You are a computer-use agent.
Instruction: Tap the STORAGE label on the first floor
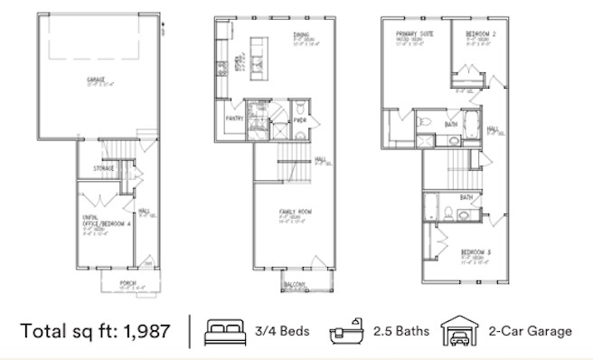click(104, 169)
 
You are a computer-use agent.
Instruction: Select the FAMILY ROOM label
click(296, 212)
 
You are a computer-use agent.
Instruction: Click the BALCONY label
click(292, 285)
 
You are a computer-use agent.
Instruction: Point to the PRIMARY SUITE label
click(409, 33)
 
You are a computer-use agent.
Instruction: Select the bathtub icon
click(344, 331)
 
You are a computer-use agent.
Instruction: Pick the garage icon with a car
click(457, 331)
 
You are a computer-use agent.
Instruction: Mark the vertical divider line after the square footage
click(191, 331)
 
